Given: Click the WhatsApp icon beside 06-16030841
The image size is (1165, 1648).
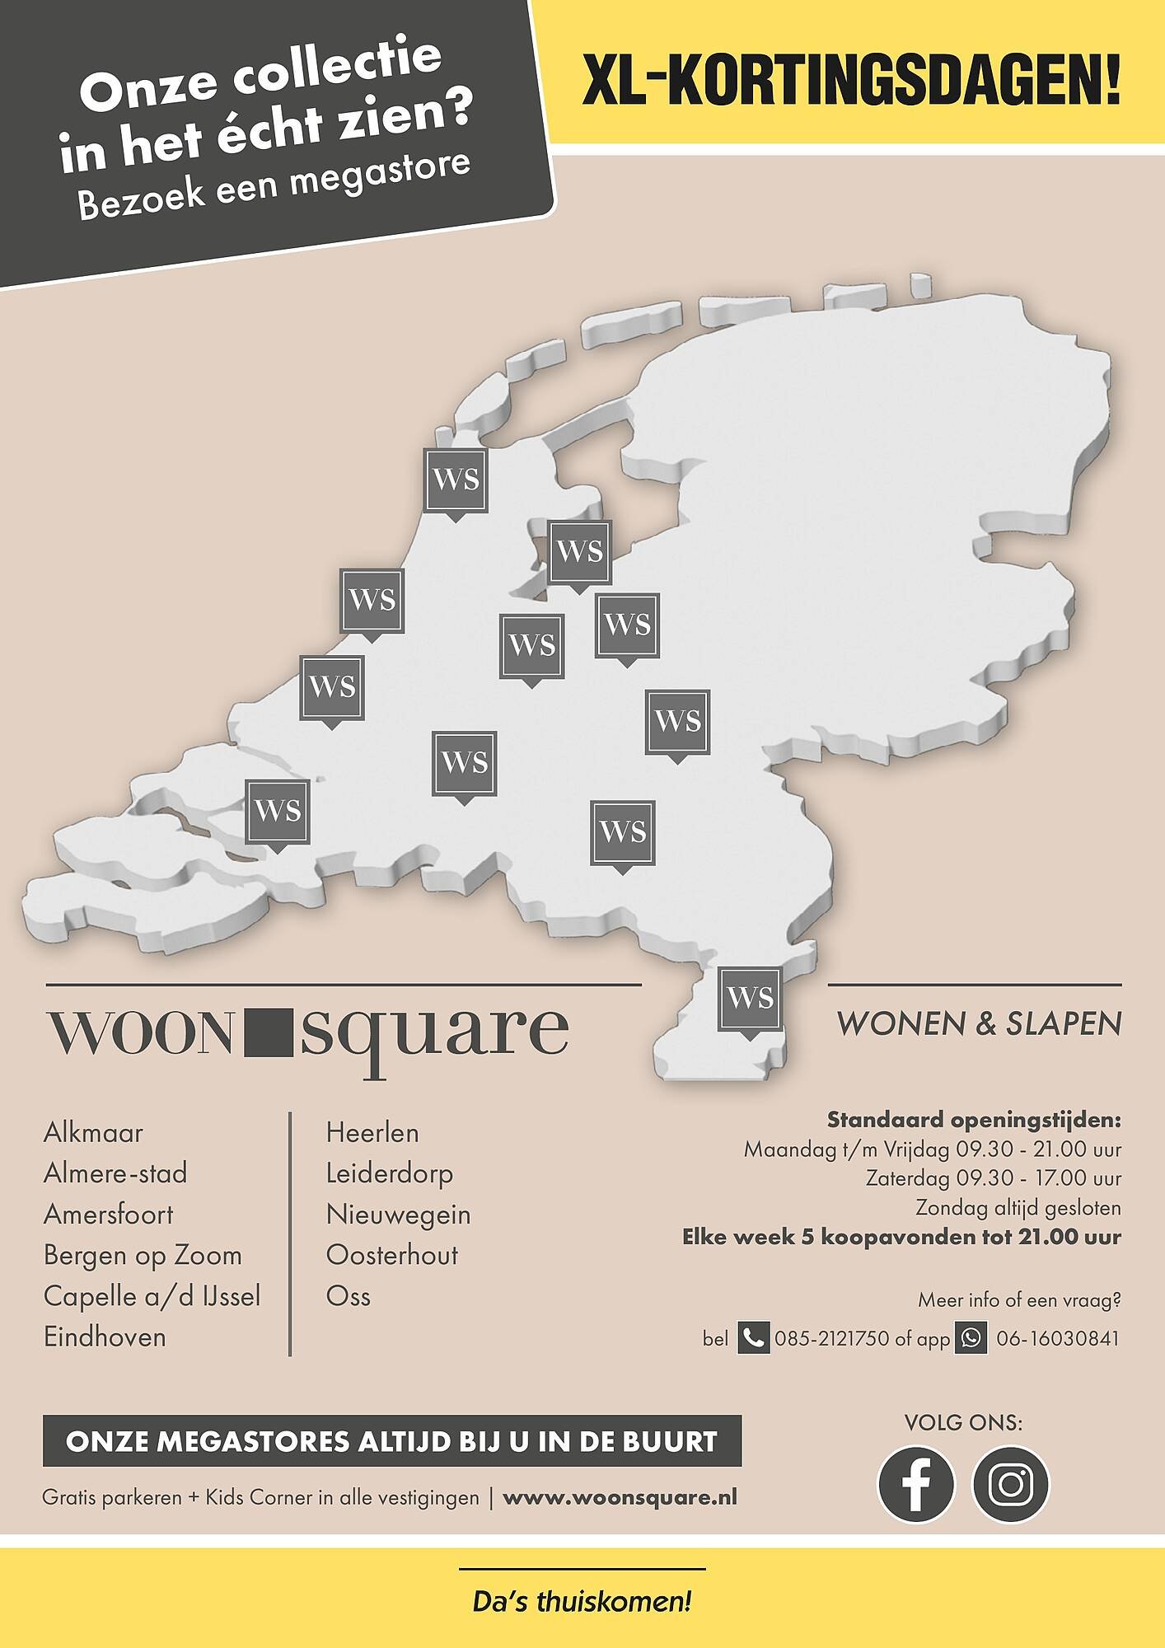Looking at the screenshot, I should coord(971,1338).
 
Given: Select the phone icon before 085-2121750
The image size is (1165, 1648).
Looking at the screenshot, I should coord(752,1338).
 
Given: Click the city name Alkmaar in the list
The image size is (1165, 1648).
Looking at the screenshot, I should coord(93,1132).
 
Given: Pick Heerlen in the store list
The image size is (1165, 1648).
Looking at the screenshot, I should coord(372,1132).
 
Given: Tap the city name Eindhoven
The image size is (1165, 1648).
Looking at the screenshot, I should coord(105,1337).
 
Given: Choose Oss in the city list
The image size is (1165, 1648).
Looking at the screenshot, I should coord(349,1295).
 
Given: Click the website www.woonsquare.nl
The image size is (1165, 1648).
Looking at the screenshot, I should coord(620,1497).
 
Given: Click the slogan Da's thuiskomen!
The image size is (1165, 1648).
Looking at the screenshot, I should coord(582,1603).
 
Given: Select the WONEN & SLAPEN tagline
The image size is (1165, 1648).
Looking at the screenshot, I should coord(979,1024).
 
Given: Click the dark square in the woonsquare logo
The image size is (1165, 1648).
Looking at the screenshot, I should coord(269,1032).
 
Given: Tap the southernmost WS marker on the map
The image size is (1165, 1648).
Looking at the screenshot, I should coord(750,999).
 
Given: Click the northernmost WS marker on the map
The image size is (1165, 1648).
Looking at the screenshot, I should coord(455,480).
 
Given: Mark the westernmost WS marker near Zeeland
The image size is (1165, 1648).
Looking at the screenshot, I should coord(278,812).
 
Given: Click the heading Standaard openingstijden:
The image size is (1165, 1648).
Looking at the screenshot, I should coord(974,1120).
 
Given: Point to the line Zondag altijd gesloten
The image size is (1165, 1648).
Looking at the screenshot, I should coord(1018,1208).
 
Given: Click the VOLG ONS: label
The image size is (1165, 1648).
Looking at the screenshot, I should coord(963,1423).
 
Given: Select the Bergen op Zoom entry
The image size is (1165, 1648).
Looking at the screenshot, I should coord(143,1255).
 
